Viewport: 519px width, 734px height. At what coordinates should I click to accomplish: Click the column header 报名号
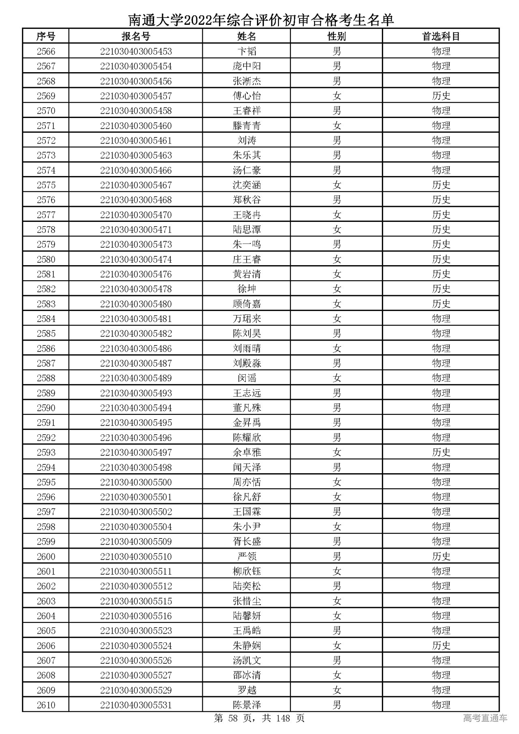[x=136, y=36]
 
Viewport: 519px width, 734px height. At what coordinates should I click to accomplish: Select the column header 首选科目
[x=441, y=36]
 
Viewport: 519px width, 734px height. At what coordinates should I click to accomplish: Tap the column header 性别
[x=337, y=36]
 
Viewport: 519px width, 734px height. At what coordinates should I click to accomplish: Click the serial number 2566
[x=46, y=52]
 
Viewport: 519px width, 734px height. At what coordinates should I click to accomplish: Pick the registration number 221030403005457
[x=136, y=96]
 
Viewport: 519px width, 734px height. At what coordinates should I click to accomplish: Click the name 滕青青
[x=247, y=126]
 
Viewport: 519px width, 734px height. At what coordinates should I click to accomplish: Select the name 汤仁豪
[x=247, y=170]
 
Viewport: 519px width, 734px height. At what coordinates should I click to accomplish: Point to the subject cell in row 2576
[x=441, y=200]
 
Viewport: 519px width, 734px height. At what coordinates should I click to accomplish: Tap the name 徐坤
[x=247, y=289]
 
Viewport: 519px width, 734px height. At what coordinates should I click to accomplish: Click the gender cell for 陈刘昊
[x=337, y=334]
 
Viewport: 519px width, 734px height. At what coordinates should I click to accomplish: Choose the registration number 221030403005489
[x=136, y=378]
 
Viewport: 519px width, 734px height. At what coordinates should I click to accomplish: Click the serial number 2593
[x=46, y=453]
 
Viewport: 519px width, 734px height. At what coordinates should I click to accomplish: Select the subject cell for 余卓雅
[x=441, y=453]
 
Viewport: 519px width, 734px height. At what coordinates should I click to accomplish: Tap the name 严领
[x=247, y=556]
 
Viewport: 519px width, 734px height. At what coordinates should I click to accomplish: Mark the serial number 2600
[x=46, y=556]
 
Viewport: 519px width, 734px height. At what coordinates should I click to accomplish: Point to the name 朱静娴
[x=247, y=646]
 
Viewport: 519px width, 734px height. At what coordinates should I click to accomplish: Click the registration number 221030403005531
[x=136, y=705]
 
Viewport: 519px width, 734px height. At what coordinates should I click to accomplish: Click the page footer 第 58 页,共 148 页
[x=259, y=718]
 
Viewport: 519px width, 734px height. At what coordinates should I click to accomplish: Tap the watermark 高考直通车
[x=485, y=718]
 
